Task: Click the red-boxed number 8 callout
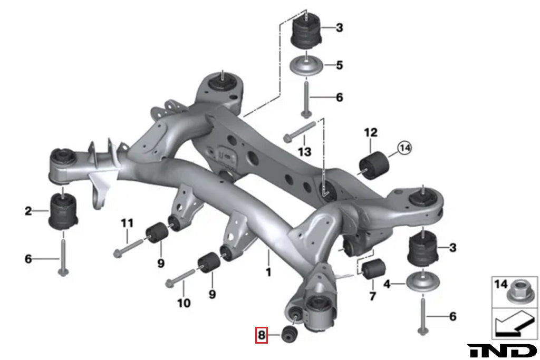262,335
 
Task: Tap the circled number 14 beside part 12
404,149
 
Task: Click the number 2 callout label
28,212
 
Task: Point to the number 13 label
304,152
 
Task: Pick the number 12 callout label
371,132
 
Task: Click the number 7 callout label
372,296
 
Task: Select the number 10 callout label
183,304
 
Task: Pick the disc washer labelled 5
307,67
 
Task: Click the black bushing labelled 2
64,212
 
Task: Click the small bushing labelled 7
373,269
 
